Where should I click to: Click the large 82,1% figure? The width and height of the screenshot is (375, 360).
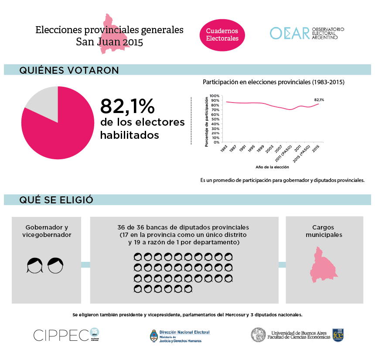click(x=127, y=106)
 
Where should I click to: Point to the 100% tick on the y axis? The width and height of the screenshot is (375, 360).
click(x=215, y=96)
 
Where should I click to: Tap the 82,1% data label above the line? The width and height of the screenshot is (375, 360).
click(x=319, y=100)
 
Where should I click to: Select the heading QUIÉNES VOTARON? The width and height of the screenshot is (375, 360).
click(x=69, y=70)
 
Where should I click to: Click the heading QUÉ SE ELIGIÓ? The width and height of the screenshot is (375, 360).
click(x=56, y=200)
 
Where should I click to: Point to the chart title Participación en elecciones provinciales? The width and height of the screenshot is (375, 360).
click(x=273, y=82)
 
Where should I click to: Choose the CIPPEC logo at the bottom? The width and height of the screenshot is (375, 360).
click(x=66, y=335)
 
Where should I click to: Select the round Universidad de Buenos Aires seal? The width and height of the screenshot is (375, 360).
click(x=258, y=335)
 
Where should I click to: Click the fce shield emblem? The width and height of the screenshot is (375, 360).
click(x=339, y=335)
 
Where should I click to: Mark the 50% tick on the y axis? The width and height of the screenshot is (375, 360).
click(x=215, y=119)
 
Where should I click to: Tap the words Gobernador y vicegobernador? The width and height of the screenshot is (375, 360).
click(x=47, y=231)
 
